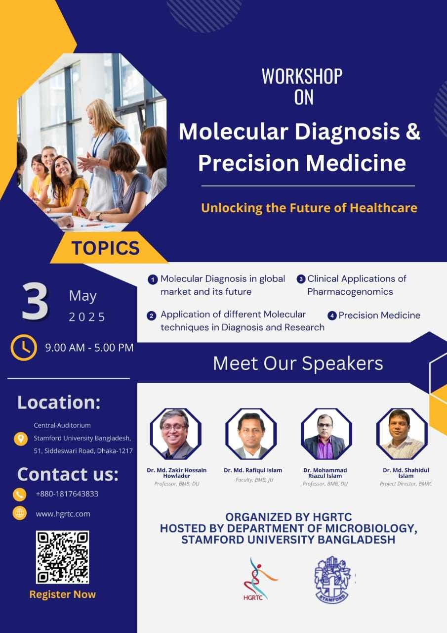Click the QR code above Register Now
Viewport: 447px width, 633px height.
[62, 557]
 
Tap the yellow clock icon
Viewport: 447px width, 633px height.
[24, 347]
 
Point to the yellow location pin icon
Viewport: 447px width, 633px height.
[21, 439]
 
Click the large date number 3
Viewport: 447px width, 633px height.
[35, 301]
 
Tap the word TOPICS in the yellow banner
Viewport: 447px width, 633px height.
[106, 248]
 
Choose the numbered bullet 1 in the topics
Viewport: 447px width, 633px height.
[153, 280]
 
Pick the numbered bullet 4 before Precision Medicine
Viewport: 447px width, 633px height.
[332, 316]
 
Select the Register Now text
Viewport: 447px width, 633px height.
[63, 594]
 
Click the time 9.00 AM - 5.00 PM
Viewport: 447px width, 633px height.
[89, 348]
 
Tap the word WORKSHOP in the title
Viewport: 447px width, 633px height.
[302, 76]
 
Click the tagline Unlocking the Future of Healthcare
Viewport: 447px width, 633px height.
[309, 208]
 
